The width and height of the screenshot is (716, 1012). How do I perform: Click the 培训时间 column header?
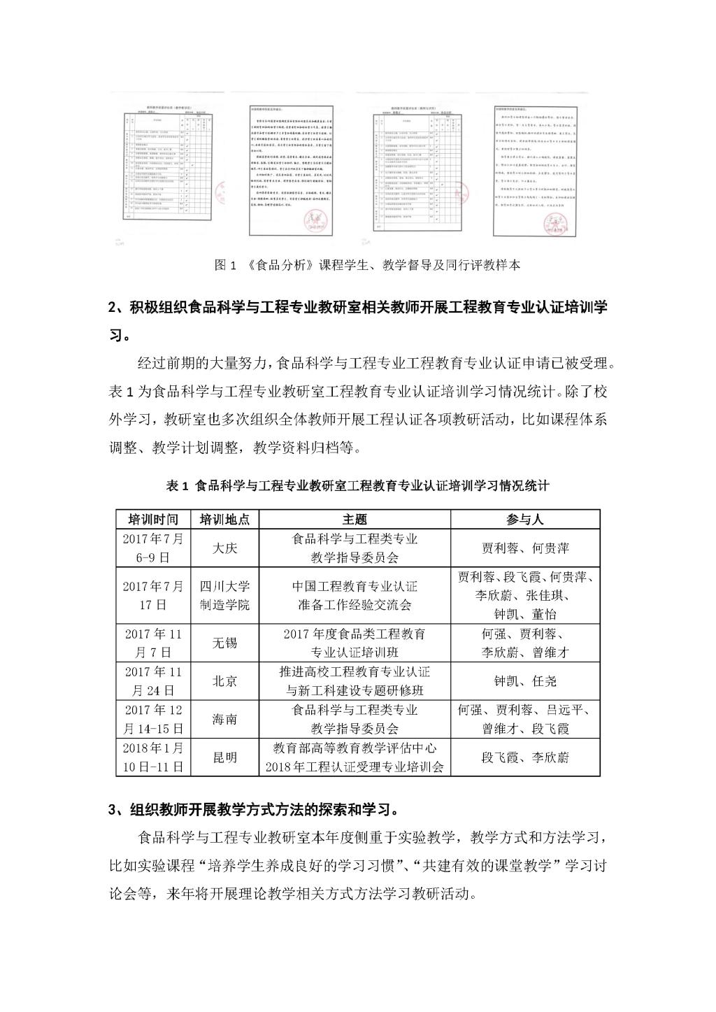point(153,519)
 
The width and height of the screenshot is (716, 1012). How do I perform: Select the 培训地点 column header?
point(224,519)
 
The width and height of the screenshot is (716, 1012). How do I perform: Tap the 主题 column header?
point(355,519)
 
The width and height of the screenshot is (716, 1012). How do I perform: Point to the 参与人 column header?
point(525,519)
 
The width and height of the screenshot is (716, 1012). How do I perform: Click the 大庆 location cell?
point(224,548)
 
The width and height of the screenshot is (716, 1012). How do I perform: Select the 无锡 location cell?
point(224,643)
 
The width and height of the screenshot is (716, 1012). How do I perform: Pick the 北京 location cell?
point(224,680)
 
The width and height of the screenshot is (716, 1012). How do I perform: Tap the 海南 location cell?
point(224,718)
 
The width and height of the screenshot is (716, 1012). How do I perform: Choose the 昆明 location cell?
point(224,757)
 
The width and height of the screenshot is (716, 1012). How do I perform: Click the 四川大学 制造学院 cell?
point(224,595)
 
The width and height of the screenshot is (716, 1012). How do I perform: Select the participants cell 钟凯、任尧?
point(525,680)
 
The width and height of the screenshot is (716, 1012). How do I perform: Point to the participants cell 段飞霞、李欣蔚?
point(525,757)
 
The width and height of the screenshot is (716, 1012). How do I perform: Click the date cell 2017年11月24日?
point(153,680)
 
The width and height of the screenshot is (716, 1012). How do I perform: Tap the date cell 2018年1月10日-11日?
point(153,757)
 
